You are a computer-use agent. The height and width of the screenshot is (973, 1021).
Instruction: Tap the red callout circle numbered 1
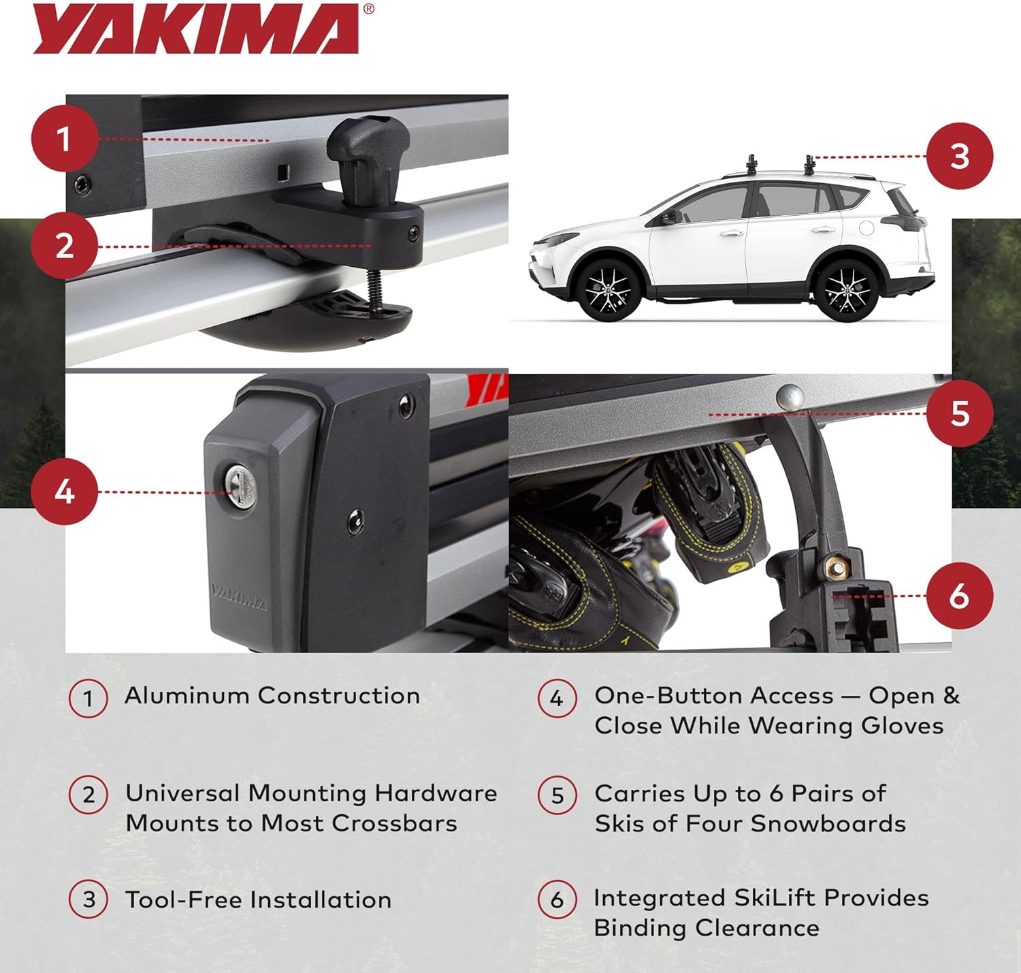[64, 140]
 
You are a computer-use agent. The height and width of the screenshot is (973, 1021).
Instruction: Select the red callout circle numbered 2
[64, 246]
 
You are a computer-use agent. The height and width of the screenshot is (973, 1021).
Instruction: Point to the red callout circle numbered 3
[960, 156]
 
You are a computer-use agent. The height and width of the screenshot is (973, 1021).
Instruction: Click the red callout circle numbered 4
[64, 492]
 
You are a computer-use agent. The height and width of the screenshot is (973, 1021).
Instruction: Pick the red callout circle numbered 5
[960, 413]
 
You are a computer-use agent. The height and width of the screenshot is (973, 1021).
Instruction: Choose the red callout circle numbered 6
[960, 596]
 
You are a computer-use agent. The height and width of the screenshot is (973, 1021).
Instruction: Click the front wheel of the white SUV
[608, 289]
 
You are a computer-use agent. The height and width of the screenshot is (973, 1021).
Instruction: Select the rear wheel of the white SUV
[846, 290]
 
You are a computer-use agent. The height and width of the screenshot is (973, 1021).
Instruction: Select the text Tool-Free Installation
[258, 900]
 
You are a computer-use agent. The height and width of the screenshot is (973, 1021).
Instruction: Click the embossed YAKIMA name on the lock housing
[239, 597]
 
